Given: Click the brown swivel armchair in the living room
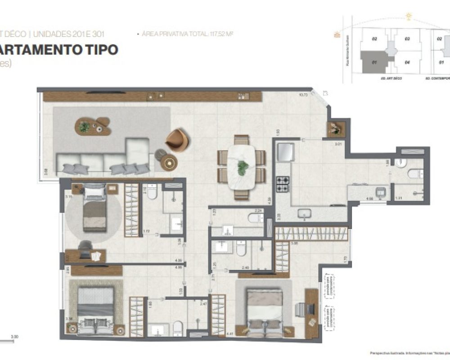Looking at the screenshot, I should (x=177, y=140).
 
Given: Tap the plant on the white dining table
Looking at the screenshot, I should (x=243, y=167).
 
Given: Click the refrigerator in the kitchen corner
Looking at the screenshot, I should (x=285, y=152).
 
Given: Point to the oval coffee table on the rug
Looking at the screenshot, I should (x=93, y=126).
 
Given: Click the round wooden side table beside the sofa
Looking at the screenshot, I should (x=169, y=162).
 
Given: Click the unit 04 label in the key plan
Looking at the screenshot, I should (x=407, y=62).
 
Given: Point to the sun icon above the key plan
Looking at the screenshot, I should (x=409, y=17).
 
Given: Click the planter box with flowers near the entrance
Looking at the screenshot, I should (x=335, y=128).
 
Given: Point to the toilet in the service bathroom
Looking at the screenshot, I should (x=414, y=173).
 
